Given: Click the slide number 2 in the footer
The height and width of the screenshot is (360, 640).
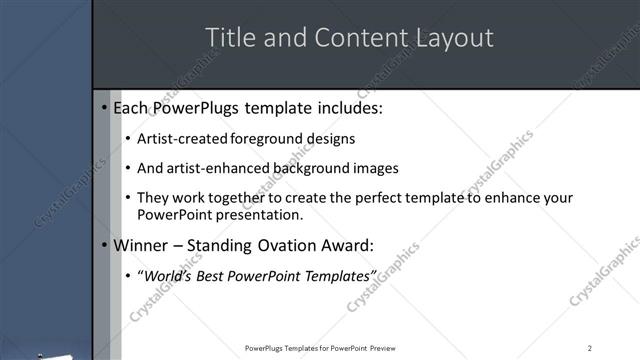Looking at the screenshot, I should tap(590, 348).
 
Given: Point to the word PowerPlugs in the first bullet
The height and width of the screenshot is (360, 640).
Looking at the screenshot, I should tap(196, 107).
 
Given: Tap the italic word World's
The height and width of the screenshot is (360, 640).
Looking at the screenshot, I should tap(167, 275).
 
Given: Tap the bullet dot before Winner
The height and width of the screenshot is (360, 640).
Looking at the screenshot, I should tap(105, 246).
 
